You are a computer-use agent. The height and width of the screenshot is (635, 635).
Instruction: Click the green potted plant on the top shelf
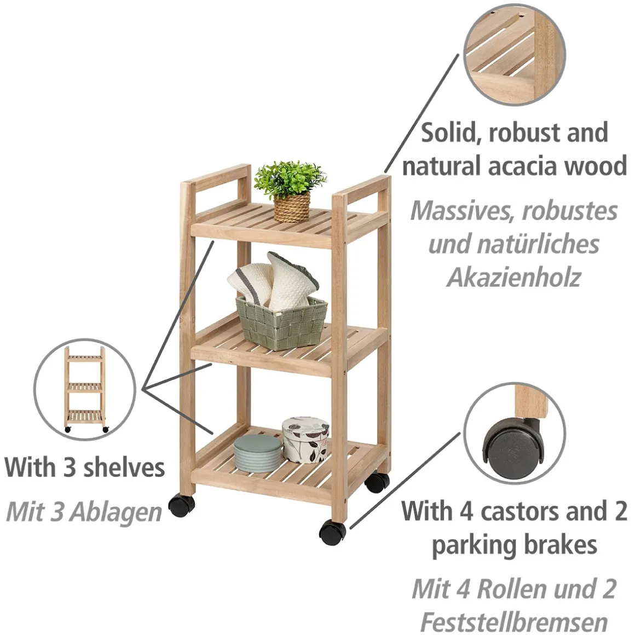pyautogui.click(x=290, y=191)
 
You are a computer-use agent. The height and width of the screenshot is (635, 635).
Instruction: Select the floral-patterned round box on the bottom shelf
pyautogui.click(x=305, y=440)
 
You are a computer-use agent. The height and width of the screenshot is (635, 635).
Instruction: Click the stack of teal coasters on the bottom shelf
pyautogui.click(x=257, y=454)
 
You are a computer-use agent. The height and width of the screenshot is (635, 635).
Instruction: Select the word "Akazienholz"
pyautogui.click(x=513, y=278)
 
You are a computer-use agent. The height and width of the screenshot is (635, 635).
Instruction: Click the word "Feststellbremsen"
pyautogui.click(x=514, y=622)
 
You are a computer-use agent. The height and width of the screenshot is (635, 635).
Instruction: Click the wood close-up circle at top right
pyautogui.click(x=515, y=55)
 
